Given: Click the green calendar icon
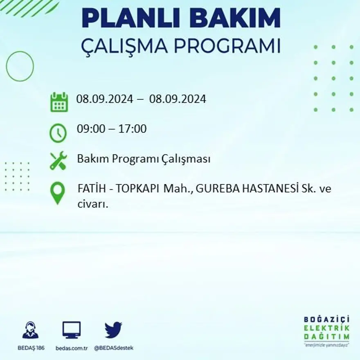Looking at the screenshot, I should [x=59, y=102].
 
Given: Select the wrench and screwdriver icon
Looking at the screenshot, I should [x=58, y=160].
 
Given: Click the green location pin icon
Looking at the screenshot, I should [x=57, y=193].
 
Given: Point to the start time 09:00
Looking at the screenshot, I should [x=89, y=129].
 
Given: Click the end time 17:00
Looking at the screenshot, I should [x=133, y=129].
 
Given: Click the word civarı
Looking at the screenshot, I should [x=92, y=204].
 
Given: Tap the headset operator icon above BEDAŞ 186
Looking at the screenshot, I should [x=30, y=330].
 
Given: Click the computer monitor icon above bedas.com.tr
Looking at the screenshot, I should [x=71, y=330].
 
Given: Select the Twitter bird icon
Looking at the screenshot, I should [x=113, y=330].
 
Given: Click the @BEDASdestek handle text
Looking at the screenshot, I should [x=114, y=348].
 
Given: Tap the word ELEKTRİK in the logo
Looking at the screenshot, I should [x=326, y=328].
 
